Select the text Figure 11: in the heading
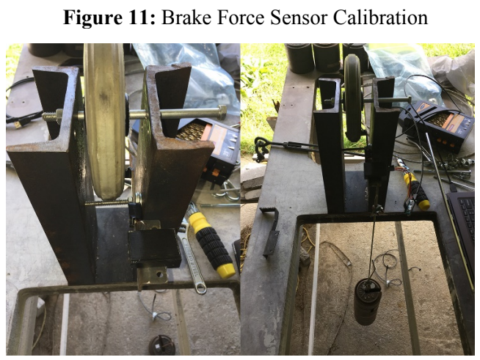pyautogui.click(x=109, y=18)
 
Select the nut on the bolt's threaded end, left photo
pyautogui.click(x=59, y=117)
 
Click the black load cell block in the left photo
pyautogui.click(x=155, y=248)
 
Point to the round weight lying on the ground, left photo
pyautogui.click(x=162, y=345)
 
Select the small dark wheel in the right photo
pyautogui.click(x=353, y=98)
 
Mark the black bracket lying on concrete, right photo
pyautogui.click(x=271, y=231)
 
